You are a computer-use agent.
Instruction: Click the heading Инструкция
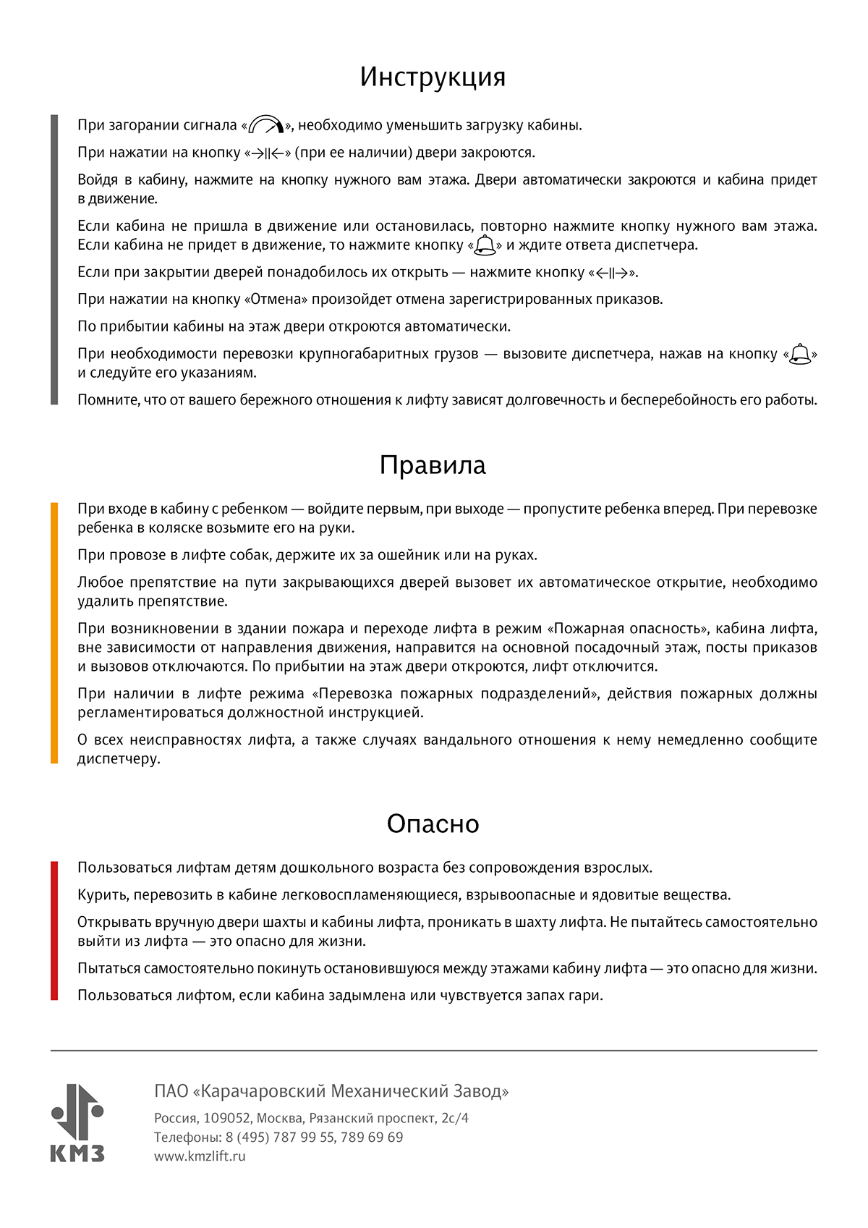(x=433, y=77)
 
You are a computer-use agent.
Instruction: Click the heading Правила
(x=433, y=465)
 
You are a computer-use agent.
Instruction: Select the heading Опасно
(x=433, y=823)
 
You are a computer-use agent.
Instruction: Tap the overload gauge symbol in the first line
(x=265, y=125)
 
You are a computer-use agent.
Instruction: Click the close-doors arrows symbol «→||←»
(x=268, y=153)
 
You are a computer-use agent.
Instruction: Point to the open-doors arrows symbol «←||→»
(x=614, y=273)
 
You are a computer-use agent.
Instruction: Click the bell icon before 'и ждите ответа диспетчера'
(x=485, y=246)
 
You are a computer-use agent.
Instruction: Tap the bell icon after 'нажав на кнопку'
(x=800, y=354)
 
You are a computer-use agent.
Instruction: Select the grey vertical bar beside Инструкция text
(x=54, y=259)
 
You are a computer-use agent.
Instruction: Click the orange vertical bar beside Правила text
(x=54, y=633)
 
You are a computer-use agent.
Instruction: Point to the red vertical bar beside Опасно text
(x=54, y=931)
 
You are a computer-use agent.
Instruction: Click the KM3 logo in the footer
(x=77, y=1122)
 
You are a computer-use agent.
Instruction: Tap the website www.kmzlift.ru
(x=200, y=1156)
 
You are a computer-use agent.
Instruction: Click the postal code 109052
(x=226, y=1118)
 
